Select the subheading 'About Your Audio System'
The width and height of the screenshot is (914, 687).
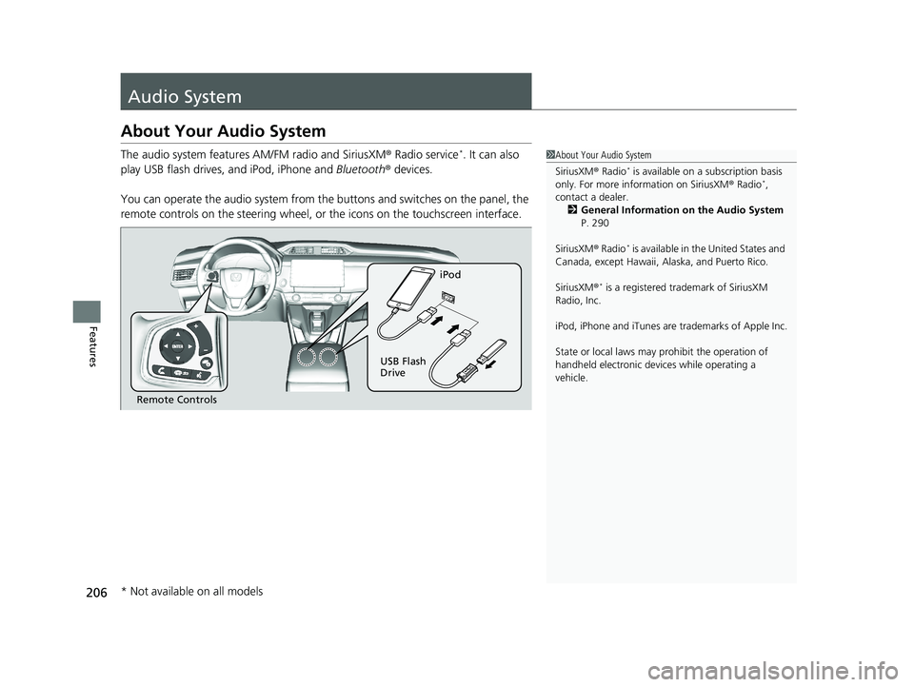pos(224,131)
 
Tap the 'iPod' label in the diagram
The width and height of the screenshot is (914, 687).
pos(450,275)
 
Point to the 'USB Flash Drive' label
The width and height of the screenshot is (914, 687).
pos(403,367)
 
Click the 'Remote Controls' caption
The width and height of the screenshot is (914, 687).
pos(176,401)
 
